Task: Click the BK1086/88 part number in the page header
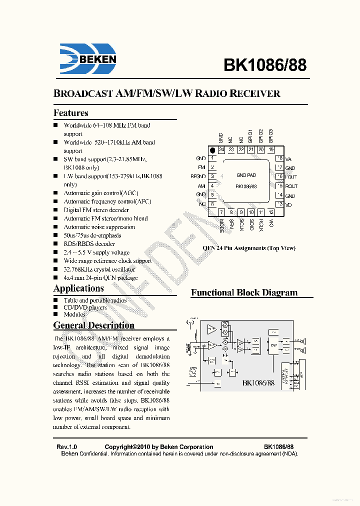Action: coord(264,65)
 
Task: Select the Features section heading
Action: coord(71,113)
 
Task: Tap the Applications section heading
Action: coord(78,288)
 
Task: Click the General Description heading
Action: coord(94,325)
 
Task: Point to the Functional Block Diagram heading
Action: coord(244,293)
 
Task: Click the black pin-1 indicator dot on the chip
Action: coord(212,150)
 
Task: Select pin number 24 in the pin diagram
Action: coord(221,150)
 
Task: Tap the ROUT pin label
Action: coord(291,186)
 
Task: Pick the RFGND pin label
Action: coord(198,176)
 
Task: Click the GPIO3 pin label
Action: coord(271,136)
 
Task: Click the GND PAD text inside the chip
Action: coord(246,175)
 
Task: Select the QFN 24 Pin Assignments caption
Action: coord(248,248)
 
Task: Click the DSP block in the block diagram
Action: coord(273,345)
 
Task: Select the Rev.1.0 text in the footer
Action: coord(66,447)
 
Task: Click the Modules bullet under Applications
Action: coord(74,314)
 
